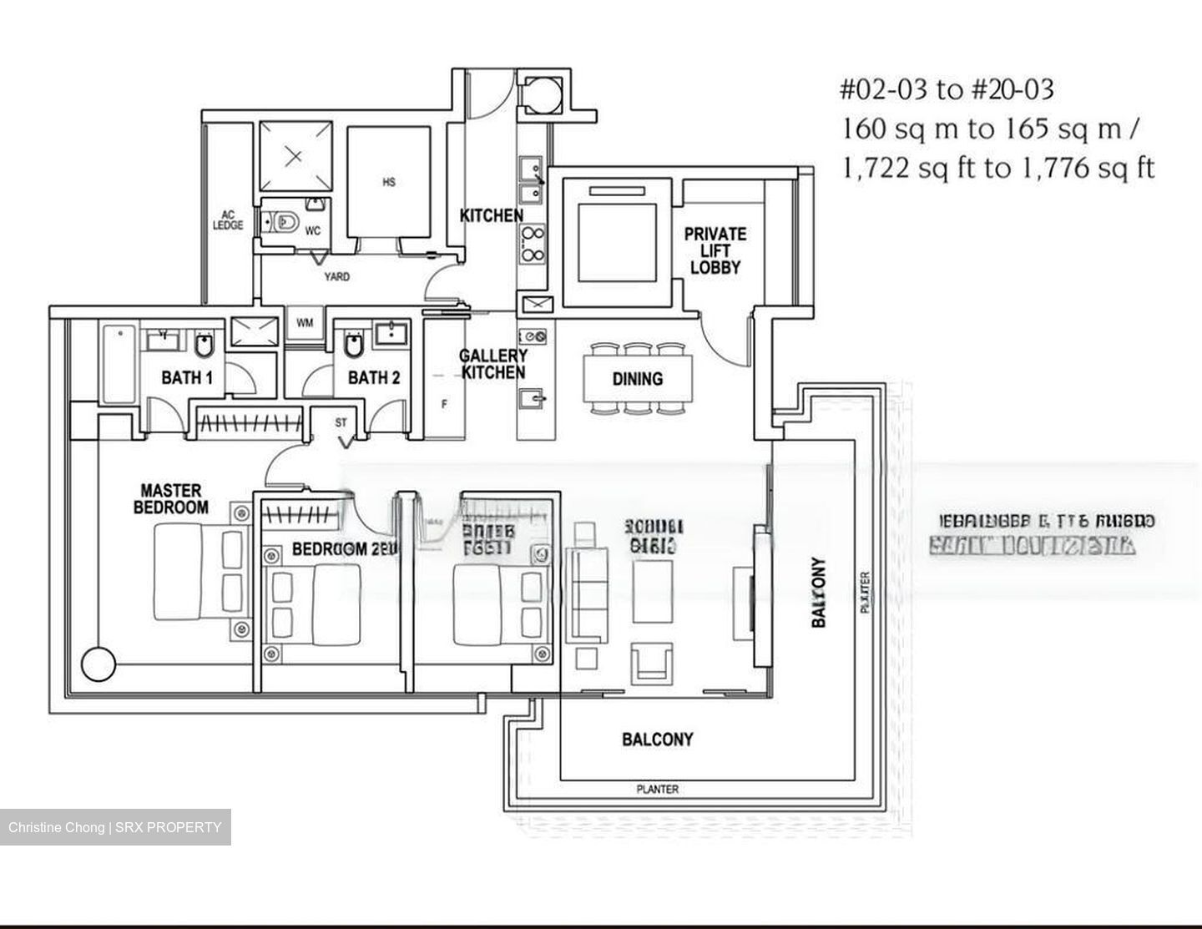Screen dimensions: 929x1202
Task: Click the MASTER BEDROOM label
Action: point(171,499)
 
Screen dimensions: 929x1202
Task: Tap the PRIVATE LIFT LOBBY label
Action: point(715,250)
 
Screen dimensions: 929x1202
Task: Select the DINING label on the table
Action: point(637,379)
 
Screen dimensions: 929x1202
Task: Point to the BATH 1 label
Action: point(187,378)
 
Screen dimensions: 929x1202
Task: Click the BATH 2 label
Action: point(373,378)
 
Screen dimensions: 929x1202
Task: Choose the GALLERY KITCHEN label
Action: point(492,365)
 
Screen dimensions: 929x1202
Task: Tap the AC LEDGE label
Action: point(228,220)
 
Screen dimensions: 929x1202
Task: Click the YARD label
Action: point(336,276)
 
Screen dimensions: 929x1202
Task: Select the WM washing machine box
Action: point(305,322)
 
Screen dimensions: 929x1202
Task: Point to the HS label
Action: point(389,182)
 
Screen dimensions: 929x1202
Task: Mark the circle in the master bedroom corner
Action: point(98,664)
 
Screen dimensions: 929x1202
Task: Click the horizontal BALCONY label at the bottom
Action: point(657,740)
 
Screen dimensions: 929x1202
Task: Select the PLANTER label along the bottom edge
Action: point(657,789)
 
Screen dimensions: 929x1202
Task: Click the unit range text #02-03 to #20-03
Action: point(946,89)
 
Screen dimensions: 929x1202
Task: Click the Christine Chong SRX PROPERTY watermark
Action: point(115,827)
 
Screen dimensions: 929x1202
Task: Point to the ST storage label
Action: point(341,423)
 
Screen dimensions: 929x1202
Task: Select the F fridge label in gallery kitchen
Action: point(444,405)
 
